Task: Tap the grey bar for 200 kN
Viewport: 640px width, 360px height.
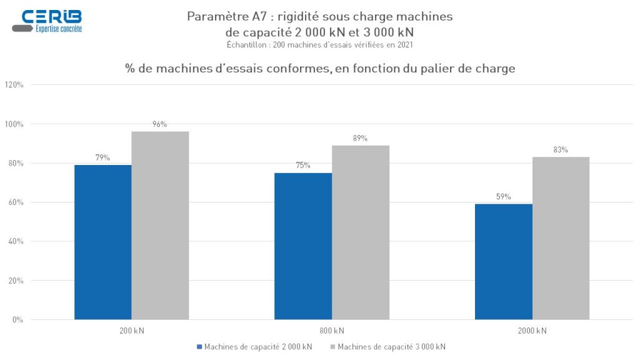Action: (160, 225)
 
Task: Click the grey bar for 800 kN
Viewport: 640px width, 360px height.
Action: (361, 232)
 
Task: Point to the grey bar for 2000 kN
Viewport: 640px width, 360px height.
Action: (561, 238)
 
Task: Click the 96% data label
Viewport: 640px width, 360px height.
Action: (160, 124)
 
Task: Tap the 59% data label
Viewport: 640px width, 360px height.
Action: (504, 197)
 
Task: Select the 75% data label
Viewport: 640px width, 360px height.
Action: (303, 166)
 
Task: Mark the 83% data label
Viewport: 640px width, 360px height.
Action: (561, 150)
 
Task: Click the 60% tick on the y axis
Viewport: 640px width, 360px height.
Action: (16, 202)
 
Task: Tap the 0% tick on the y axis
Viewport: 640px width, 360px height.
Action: (17, 320)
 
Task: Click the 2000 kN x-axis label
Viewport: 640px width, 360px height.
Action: (532, 331)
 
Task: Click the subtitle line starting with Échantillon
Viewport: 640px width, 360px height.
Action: (319, 44)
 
